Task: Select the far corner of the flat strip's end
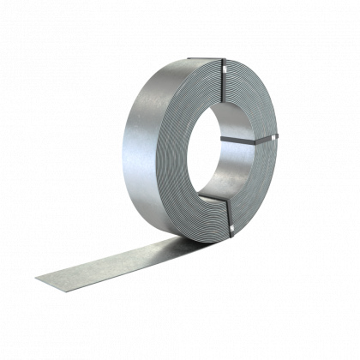(x=36, y=276)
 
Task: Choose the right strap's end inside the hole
(x=225, y=137)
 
